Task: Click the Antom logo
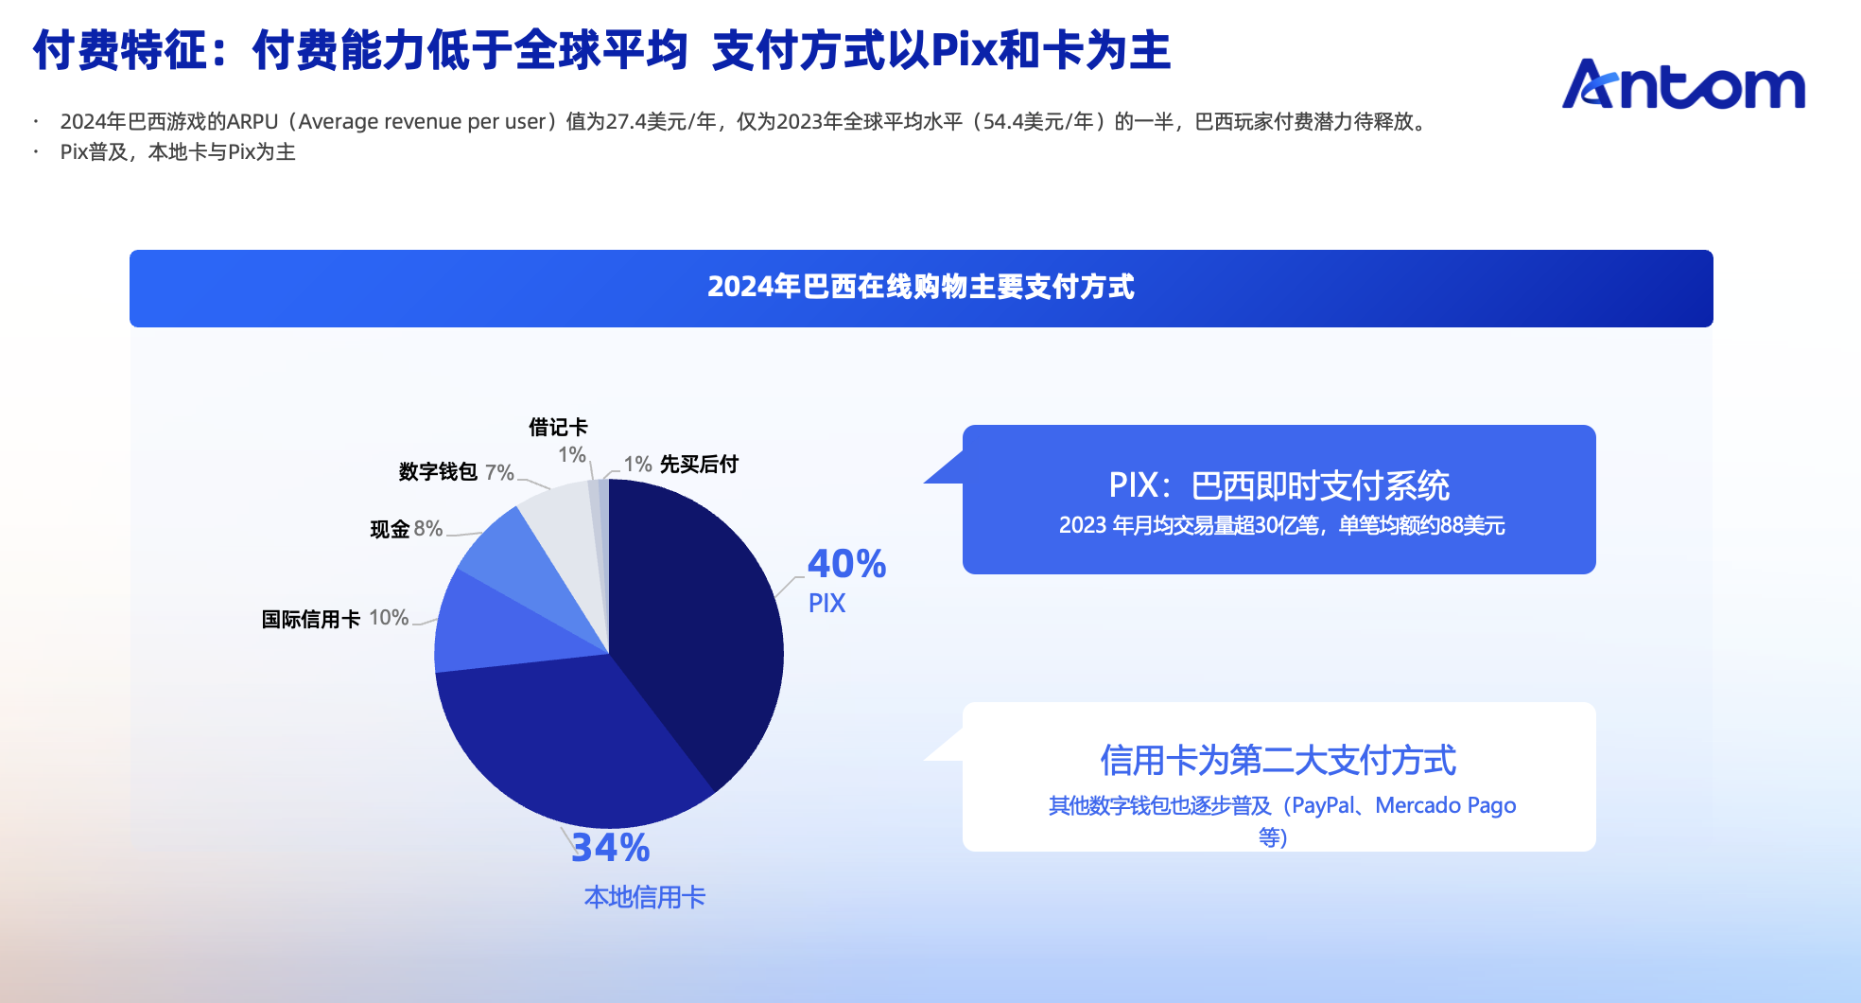tap(1683, 84)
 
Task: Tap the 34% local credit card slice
tap(567, 738)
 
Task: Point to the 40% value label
tap(846, 564)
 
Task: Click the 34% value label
tap(611, 848)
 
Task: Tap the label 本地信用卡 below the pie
tap(645, 897)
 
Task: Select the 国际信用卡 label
tap(311, 619)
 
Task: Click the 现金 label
tap(390, 529)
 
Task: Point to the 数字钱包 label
tap(438, 471)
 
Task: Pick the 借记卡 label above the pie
tap(558, 427)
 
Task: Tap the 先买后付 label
tap(699, 464)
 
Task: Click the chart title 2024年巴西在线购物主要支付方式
tap(921, 287)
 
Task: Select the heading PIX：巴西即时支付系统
tap(1278, 485)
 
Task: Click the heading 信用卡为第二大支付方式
tap(1278, 760)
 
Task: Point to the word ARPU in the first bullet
tap(252, 122)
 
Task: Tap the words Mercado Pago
tap(1446, 805)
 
